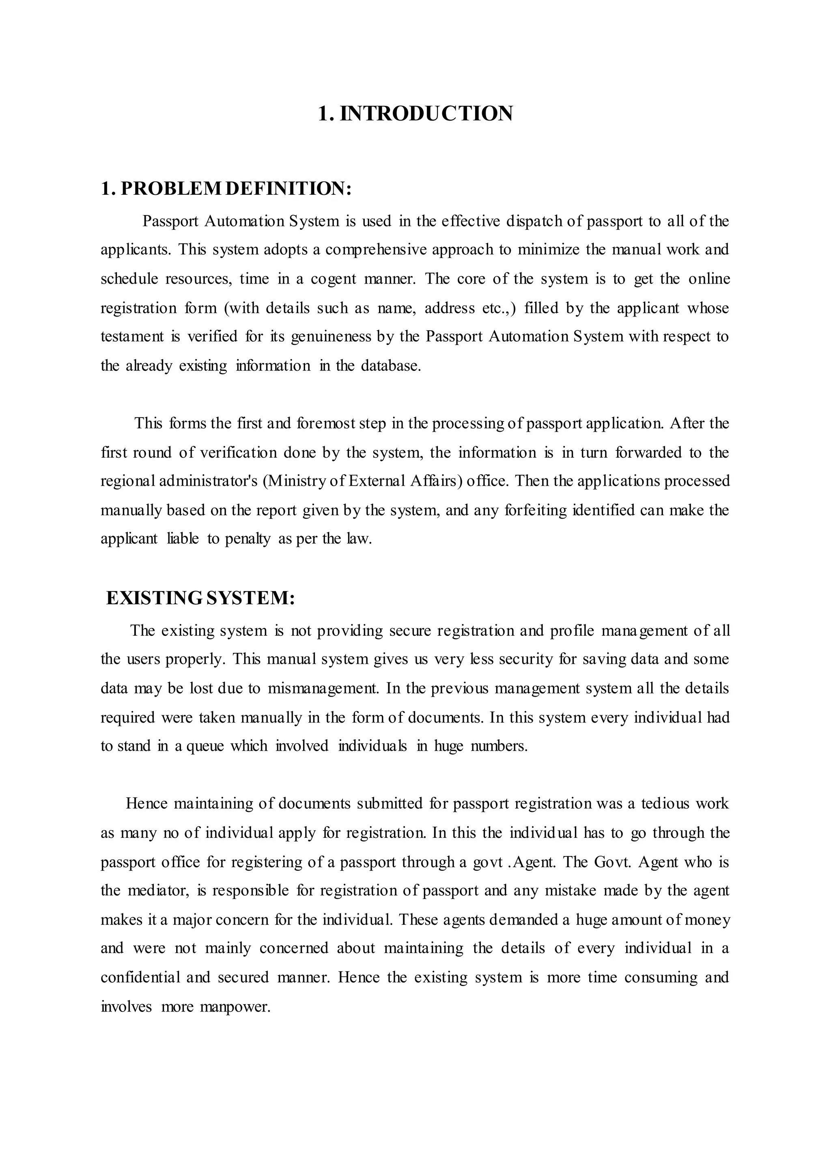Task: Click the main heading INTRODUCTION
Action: [x=415, y=113]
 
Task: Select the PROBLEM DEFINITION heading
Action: [x=226, y=188]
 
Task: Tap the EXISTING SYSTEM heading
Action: [x=200, y=598]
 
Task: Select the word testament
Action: [x=132, y=337]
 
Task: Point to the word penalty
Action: [x=248, y=539]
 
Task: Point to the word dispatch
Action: [x=534, y=221]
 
